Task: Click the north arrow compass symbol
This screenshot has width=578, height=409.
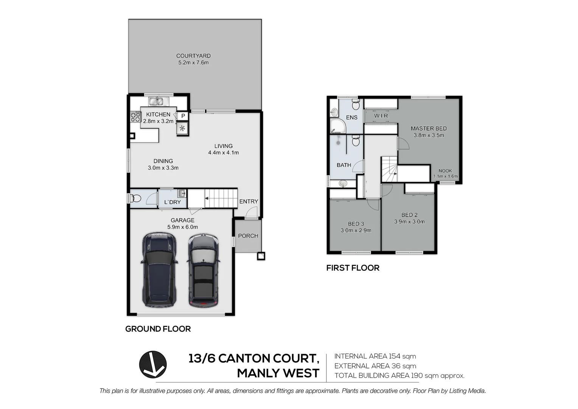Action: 153,364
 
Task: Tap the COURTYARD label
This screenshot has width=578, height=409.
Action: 193,56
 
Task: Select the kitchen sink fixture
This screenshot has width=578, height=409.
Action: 156,101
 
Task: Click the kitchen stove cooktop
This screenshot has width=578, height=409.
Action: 135,117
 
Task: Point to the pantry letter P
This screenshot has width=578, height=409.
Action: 183,116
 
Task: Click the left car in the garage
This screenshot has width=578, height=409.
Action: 159,270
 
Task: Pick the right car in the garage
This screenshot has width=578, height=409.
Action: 203,270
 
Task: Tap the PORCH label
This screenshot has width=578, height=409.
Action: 248,236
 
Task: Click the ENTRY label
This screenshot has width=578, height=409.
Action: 249,201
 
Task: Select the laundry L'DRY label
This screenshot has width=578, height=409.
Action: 172,202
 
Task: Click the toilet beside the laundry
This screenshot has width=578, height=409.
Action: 135,198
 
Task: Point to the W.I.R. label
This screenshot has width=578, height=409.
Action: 381,116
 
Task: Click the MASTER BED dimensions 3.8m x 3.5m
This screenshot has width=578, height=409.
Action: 429,135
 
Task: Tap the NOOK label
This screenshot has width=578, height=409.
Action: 445,171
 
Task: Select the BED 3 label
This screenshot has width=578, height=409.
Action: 356,224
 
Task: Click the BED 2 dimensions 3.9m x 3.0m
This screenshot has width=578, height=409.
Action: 409,222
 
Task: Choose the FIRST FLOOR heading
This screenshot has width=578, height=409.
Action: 353,268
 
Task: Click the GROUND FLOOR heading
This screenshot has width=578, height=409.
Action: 158,329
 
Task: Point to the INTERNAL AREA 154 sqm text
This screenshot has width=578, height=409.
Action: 375,356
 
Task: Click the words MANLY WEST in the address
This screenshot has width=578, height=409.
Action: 278,373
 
